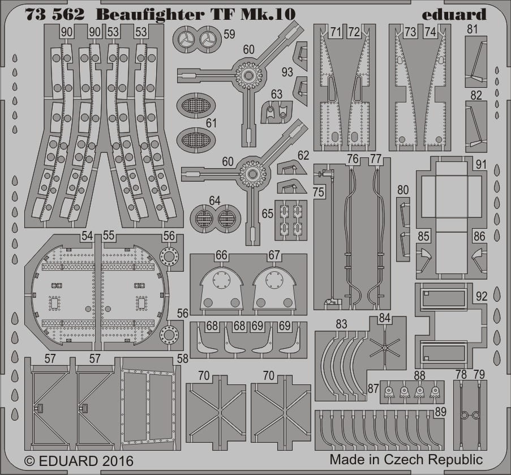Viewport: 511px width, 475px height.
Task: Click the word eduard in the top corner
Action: [x=454, y=15]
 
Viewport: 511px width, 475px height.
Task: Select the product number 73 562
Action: [x=54, y=15]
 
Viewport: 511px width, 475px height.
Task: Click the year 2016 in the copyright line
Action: [x=117, y=461]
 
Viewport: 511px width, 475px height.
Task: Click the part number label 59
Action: [x=229, y=34]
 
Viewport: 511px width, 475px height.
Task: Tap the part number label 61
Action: [x=211, y=123]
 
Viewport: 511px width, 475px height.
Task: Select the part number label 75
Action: [x=319, y=192]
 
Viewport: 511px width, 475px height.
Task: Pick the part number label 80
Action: [x=403, y=190]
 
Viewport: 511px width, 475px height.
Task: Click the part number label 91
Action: [x=481, y=165]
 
